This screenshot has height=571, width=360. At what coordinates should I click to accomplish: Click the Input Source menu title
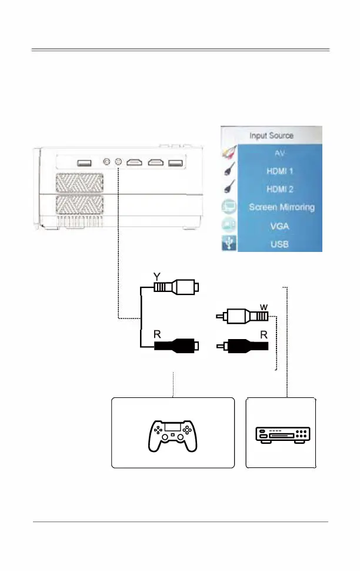click(271, 135)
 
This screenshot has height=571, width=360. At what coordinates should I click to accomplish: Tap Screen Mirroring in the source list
click(282, 207)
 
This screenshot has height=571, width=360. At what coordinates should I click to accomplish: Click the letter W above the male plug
click(264, 306)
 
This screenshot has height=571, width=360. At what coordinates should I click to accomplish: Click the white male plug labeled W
click(244, 317)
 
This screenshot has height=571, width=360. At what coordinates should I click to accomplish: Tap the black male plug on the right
click(244, 346)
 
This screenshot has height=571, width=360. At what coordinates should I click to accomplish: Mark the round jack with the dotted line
click(119, 162)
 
